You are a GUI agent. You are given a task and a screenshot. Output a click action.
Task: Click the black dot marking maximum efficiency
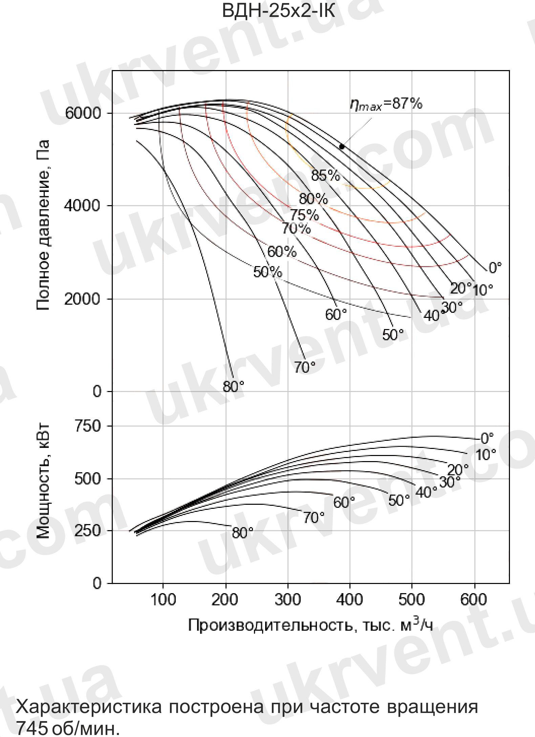(x=342, y=147)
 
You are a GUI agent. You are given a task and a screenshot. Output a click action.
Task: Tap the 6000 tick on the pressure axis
(x=83, y=113)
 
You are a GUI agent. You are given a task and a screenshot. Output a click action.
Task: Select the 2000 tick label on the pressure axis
(x=83, y=299)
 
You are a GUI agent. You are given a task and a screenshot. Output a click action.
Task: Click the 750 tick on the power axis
(x=88, y=426)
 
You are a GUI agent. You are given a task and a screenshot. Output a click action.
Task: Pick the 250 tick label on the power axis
(x=88, y=530)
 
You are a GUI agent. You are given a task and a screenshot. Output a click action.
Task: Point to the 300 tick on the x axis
(x=287, y=600)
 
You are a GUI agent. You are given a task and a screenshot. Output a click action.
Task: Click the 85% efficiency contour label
(x=325, y=175)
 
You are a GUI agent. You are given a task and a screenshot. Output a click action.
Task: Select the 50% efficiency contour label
(x=267, y=272)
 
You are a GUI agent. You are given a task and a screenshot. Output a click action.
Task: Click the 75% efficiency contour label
(x=304, y=215)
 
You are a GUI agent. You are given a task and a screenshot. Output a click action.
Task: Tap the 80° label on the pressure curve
(x=233, y=386)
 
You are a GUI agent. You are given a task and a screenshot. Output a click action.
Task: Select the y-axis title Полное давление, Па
(x=43, y=225)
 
